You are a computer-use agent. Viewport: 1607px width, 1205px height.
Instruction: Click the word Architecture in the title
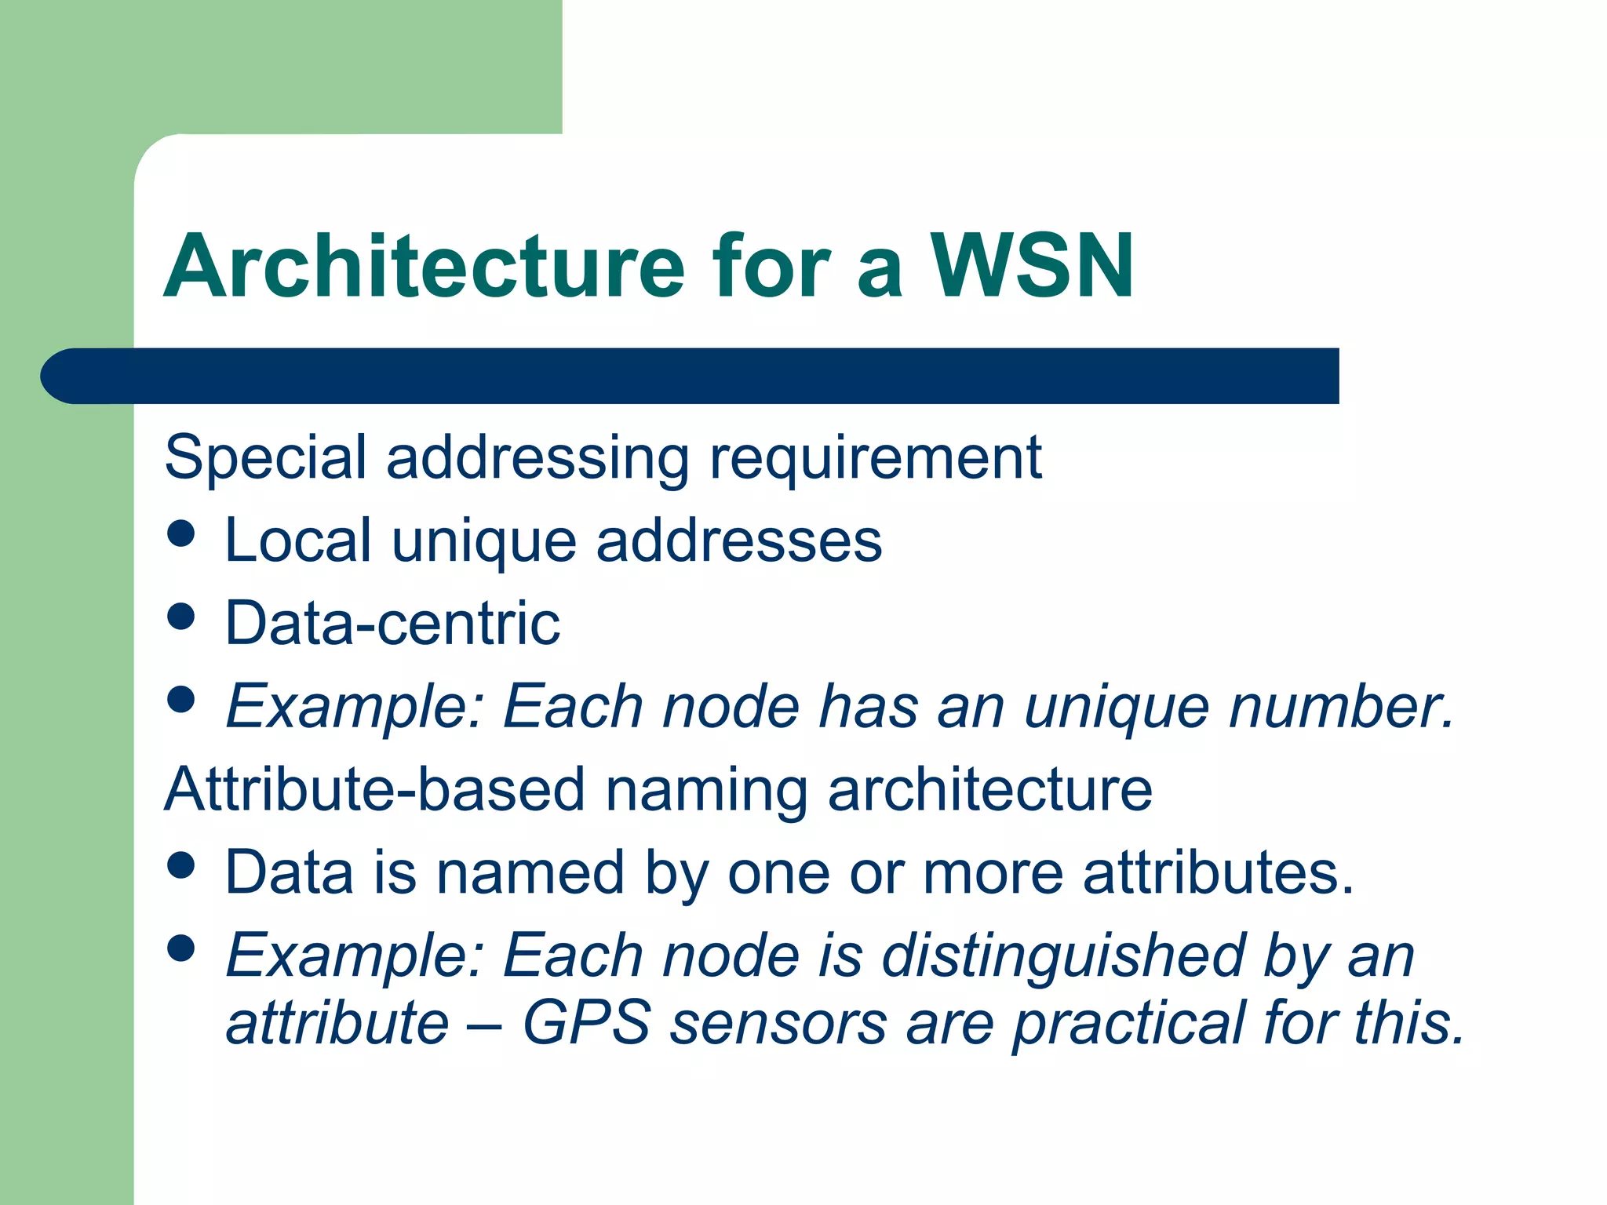(x=425, y=267)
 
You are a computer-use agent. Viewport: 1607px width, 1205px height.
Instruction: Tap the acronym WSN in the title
(x=1032, y=267)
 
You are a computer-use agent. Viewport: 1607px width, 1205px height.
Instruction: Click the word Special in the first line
(x=265, y=458)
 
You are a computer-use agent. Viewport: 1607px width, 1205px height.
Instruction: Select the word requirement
(x=875, y=458)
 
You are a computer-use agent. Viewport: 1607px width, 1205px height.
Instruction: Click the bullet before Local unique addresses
(x=181, y=534)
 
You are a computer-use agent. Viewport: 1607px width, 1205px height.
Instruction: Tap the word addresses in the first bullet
(x=739, y=541)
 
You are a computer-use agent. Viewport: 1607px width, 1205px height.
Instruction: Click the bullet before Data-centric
(x=181, y=617)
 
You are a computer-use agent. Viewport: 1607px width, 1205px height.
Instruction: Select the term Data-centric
(x=392, y=624)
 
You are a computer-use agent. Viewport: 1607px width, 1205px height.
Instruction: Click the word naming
(x=706, y=791)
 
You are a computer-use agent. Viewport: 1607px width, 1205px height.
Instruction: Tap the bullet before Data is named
(x=181, y=865)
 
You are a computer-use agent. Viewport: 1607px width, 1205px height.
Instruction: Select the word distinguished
(x=1063, y=957)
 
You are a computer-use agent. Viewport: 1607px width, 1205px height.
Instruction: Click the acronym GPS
(x=586, y=1023)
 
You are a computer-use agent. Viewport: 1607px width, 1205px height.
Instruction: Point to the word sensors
(x=778, y=1023)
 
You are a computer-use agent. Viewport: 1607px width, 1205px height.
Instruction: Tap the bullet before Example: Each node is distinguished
(x=181, y=948)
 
